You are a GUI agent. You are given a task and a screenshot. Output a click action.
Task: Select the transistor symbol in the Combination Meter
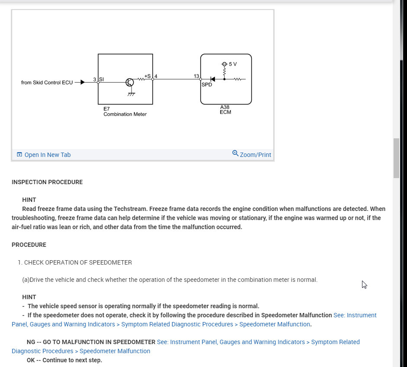130,82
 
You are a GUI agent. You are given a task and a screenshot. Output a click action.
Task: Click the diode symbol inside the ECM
212,79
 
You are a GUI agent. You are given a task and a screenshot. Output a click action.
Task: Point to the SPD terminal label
207,85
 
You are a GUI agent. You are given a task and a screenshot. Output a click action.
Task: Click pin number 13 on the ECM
196,76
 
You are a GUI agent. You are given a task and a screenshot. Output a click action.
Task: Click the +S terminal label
147,76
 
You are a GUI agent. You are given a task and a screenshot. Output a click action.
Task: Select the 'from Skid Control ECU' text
47,83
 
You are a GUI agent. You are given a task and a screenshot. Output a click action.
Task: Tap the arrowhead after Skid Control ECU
82,82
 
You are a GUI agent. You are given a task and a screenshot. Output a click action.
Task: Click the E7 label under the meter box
106,109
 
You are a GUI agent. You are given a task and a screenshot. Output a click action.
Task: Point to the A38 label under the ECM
225,107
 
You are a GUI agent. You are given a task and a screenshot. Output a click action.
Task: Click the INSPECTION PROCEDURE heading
47,182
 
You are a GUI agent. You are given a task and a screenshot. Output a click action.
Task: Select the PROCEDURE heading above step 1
29,245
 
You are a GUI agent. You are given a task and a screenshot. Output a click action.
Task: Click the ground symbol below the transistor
131,94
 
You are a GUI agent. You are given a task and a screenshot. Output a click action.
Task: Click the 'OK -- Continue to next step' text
64,360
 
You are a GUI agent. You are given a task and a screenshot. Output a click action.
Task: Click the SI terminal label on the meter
102,79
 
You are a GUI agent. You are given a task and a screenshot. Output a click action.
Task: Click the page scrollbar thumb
396,158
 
